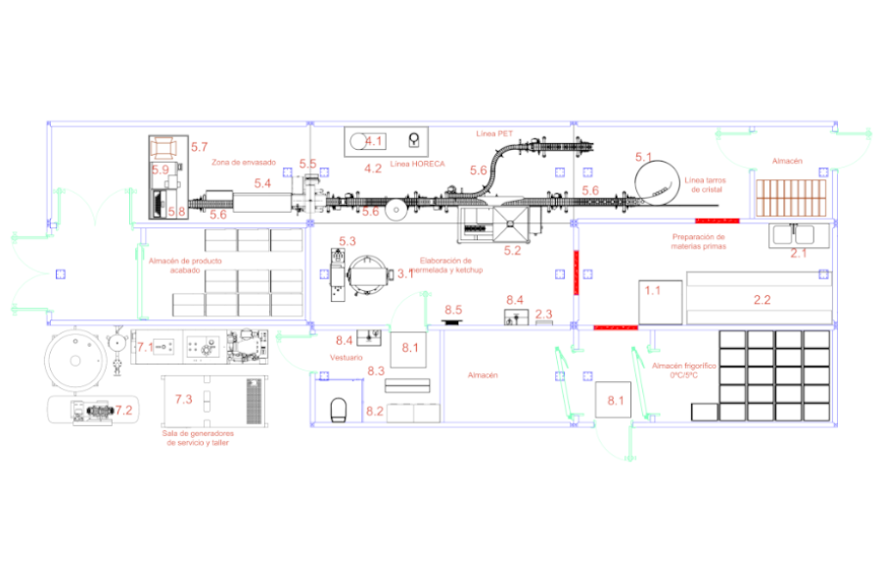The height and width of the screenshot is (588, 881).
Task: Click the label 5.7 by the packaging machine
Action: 200,147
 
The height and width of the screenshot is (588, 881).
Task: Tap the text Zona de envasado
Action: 244,161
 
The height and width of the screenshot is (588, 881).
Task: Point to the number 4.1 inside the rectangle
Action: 374,141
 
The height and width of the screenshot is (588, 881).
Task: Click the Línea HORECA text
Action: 417,164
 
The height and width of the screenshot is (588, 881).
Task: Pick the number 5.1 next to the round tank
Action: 643,157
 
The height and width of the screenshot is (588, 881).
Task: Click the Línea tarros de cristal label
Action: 705,184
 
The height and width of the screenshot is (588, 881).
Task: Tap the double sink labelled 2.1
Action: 798,235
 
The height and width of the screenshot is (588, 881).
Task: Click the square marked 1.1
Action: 659,302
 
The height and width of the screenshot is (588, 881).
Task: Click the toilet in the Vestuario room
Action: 339,409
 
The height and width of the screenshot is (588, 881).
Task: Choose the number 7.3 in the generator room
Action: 183,399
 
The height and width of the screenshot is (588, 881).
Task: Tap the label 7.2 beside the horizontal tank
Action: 123,411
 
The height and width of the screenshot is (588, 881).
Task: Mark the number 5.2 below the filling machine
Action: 512,250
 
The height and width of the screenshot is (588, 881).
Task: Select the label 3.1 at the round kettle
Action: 404,274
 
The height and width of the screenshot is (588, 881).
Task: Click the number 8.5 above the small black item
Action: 453,310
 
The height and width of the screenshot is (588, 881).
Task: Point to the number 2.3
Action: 544,314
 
